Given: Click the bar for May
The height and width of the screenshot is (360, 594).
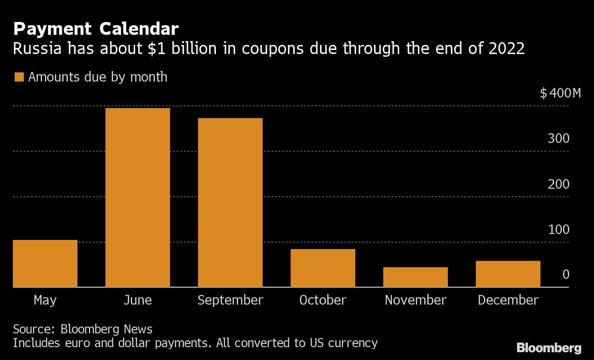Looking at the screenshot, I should coord(45,263).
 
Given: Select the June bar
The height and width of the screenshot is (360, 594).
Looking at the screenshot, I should coord(137,197).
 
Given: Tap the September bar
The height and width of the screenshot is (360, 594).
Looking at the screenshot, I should coord(230,202).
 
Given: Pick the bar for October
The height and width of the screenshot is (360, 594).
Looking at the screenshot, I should coord(323,268).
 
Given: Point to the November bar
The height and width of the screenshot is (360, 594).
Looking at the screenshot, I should coord(415,277).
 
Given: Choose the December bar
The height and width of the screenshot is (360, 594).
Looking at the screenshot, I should coord(508,274).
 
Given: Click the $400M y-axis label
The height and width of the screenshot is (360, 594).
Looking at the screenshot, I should coord(560,93).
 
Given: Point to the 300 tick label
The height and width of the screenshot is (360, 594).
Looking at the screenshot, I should coord(558,138).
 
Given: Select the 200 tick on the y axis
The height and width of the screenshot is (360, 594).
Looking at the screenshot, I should coord(558,184).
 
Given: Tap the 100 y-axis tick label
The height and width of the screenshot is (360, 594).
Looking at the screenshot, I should coord(558,229).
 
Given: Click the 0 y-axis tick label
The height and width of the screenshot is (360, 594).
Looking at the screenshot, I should coord(566,274).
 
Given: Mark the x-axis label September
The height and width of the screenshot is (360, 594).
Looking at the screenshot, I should coord(230,300).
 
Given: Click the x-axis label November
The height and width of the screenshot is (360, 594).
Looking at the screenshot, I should coord(415,300).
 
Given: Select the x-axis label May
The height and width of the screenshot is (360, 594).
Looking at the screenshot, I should coord(45,300).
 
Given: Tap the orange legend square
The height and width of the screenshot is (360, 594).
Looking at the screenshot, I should coord(19,77).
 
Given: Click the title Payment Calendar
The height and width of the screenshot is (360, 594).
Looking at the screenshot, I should coord(96,29).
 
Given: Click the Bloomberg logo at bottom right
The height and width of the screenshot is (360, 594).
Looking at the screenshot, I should coord(549,348).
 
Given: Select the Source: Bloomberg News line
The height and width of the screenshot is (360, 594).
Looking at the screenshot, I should coord(82,329).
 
